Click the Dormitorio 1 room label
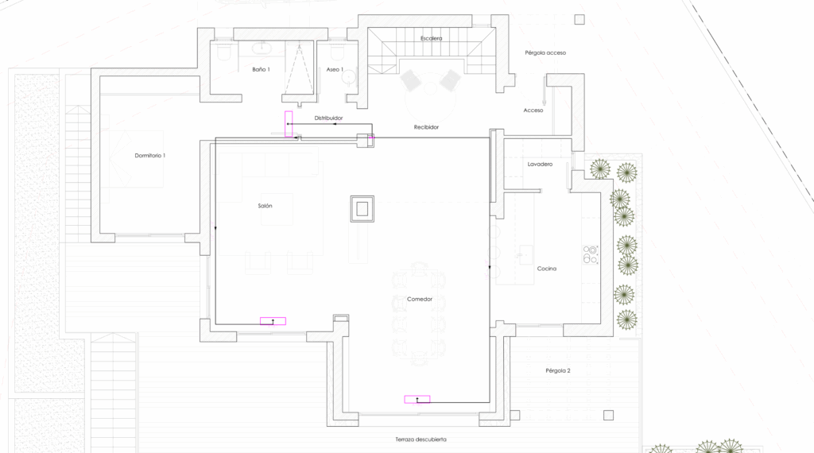[x=150, y=155]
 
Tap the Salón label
[x=265, y=206]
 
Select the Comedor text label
[x=420, y=299]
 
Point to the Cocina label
[x=547, y=269]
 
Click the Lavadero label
[x=540, y=164]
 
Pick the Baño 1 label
[x=261, y=69]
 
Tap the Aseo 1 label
[x=335, y=69]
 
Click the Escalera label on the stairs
[x=432, y=38]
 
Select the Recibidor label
[x=426, y=126]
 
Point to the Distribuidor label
[x=328, y=118]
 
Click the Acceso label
[x=533, y=110]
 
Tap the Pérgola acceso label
[x=545, y=52]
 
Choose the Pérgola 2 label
[x=558, y=370]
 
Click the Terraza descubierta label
[x=421, y=439]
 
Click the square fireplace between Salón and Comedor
[x=362, y=208]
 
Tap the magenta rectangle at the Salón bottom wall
[x=273, y=321]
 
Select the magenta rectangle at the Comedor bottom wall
[x=417, y=400]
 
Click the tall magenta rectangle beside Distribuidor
[x=289, y=124]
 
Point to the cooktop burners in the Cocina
[x=591, y=254]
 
